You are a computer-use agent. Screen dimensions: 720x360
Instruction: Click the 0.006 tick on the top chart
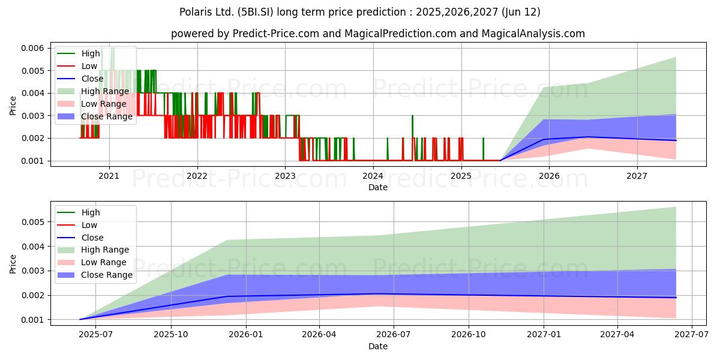coord(32,48)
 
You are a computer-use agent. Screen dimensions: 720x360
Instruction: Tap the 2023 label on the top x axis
coord(285,176)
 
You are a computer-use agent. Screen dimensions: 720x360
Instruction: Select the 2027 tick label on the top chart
coord(637,176)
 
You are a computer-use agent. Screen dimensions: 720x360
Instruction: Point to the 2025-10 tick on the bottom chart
coord(170,335)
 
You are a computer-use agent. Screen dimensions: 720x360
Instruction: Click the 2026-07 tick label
coord(393,335)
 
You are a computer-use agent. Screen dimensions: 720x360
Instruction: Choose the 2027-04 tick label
coord(617,335)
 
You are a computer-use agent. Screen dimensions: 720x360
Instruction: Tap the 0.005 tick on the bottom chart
coord(32,222)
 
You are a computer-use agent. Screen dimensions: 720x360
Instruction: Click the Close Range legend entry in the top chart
coord(95,116)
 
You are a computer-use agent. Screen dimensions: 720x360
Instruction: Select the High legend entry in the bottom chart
coord(79,212)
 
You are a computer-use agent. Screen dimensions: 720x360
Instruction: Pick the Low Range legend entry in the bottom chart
coord(92,262)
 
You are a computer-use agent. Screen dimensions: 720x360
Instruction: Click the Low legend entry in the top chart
coord(77,66)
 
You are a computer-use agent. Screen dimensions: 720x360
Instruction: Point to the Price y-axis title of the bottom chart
coord(13,264)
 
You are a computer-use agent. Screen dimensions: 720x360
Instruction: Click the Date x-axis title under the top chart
coord(378,187)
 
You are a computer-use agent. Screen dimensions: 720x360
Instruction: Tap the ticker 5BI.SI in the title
coord(256,12)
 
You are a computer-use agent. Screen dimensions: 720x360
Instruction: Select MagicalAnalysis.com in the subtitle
coord(533,34)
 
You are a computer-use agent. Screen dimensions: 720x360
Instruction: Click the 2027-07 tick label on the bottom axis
coord(691,335)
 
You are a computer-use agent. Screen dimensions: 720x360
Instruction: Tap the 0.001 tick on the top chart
coord(32,161)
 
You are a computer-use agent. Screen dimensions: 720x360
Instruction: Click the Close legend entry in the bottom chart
coord(80,238)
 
